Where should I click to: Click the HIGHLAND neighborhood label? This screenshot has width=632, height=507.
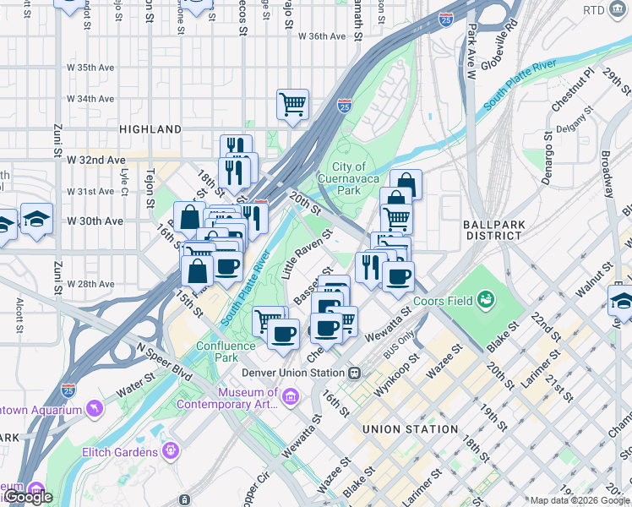(x=150, y=129)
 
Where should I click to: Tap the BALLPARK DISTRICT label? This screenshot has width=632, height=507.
(x=494, y=230)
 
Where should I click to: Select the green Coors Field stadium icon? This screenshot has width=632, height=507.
(x=486, y=298)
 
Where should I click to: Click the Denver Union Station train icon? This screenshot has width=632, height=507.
(x=355, y=373)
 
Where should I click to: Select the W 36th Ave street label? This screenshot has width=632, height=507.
(x=322, y=36)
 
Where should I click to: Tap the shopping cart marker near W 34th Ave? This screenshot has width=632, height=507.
(x=292, y=105)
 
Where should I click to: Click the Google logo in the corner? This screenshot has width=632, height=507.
(x=29, y=497)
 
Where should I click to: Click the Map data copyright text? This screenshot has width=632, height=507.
(x=580, y=500)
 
